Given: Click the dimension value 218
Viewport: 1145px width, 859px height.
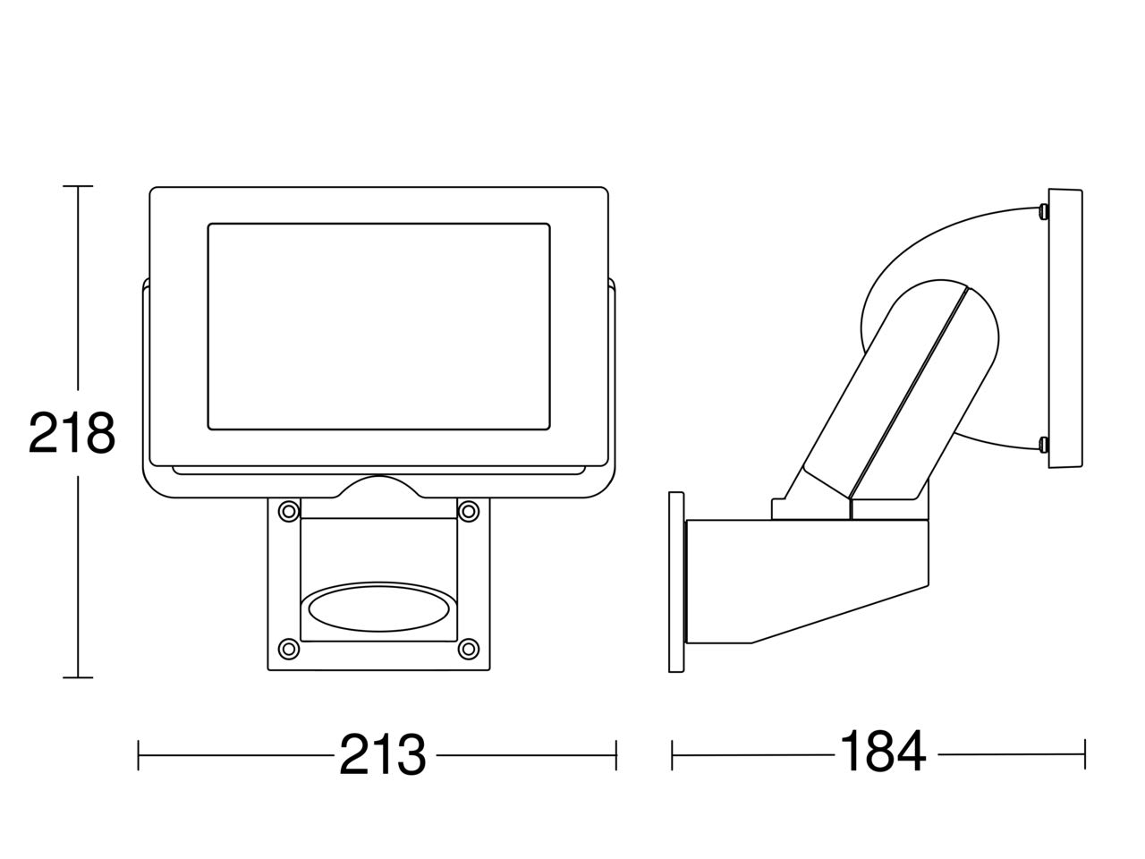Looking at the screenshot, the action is pyautogui.click(x=72, y=433).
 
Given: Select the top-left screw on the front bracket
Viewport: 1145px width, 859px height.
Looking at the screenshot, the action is pyautogui.click(x=288, y=511).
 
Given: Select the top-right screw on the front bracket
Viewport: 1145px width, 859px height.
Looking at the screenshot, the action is pyautogui.click(x=469, y=511).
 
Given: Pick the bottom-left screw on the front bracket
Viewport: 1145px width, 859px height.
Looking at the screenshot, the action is pyautogui.click(x=288, y=649).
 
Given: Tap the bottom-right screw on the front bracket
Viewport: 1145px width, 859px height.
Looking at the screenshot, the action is pyautogui.click(x=469, y=649).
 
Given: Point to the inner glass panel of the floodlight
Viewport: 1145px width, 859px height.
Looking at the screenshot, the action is pyautogui.click(x=378, y=327).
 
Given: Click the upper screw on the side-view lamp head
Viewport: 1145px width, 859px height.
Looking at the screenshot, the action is pyautogui.click(x=1043, y=210).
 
